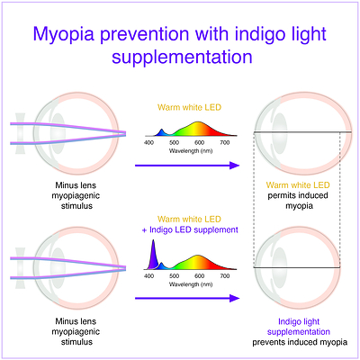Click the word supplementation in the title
[x=182, y=57]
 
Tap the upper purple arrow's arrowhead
[x=234, y=166]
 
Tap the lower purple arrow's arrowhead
[x=234, y=298]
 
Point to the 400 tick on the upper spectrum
[x=148, y=143]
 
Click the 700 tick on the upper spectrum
[x=225, y=143]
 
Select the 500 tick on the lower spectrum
[x=174, y=276]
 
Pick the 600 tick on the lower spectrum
[x=199, y=276]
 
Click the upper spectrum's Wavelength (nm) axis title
[x=191, y=150]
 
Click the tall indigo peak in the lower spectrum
[x=153, y=255]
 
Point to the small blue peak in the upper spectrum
[x=162, y=132]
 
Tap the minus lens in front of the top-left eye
[x=21, y=133]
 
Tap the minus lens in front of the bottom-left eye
[x=21, y=268]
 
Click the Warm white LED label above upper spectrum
[x=189, y=107]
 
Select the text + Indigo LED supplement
[x=190, y=229]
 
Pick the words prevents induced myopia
[x=300, y=342]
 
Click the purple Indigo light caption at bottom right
[x=299, y=321]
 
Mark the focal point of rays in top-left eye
[x=125, y=133]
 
